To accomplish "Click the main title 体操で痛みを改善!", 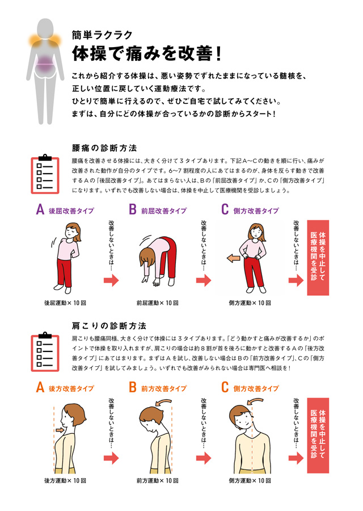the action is click(147, 53).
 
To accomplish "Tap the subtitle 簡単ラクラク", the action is click(102, 35).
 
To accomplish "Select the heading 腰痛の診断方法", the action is click(104, 148).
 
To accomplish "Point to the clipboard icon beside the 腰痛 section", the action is click(45, 174).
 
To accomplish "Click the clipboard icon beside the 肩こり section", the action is click(45, 351).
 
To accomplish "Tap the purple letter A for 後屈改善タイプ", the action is click(40, 210).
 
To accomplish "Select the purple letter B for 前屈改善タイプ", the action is click(133, 210).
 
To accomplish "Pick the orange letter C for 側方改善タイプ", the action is click(225, 387).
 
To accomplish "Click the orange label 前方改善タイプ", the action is click(164, 388).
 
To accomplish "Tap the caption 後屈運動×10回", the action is click(65, 303).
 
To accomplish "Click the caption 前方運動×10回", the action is click(158, 480).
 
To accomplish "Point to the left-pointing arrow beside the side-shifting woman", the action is click(233, 258).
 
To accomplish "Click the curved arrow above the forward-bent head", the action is click(164, 402).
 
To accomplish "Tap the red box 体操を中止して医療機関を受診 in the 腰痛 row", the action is click(318, 258).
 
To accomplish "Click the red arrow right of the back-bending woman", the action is click(111, 280).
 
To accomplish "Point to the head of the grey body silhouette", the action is click(45, 30).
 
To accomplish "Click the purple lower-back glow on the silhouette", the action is click(45, 64).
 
